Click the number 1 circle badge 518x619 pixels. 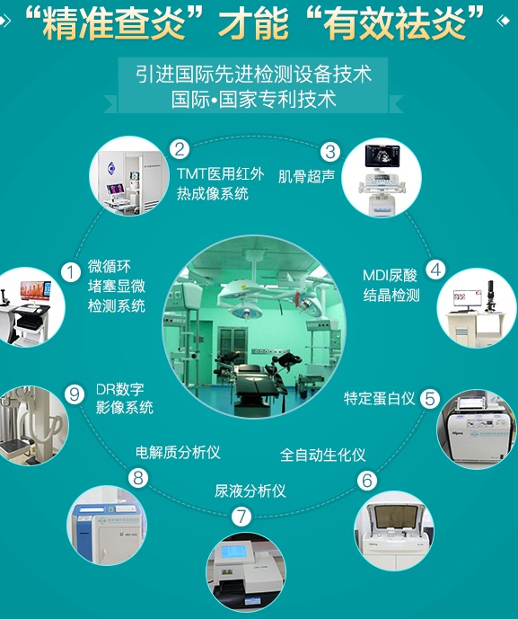point(71,273)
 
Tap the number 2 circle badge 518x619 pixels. point(180,149)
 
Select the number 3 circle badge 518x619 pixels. point(329,152)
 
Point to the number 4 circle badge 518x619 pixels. point(435,270)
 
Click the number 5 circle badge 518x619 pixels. point(430,398)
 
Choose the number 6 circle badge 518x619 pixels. point(367,481)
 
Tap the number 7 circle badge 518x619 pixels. point(241,517)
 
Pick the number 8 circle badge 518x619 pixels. point(138,478)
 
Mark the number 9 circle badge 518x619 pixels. point(75,394)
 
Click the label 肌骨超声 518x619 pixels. point(306,176)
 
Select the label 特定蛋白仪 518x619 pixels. point(379,398)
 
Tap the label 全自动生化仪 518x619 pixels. point(322,455)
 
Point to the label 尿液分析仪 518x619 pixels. point(250,491)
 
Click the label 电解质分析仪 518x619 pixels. point(178,453)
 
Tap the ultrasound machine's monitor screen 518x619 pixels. point(382,155)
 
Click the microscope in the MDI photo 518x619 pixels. point(490,296)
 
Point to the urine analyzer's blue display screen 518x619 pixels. point(234,552)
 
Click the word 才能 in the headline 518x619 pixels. point(253,22)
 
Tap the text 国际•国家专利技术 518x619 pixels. point(253,100)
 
